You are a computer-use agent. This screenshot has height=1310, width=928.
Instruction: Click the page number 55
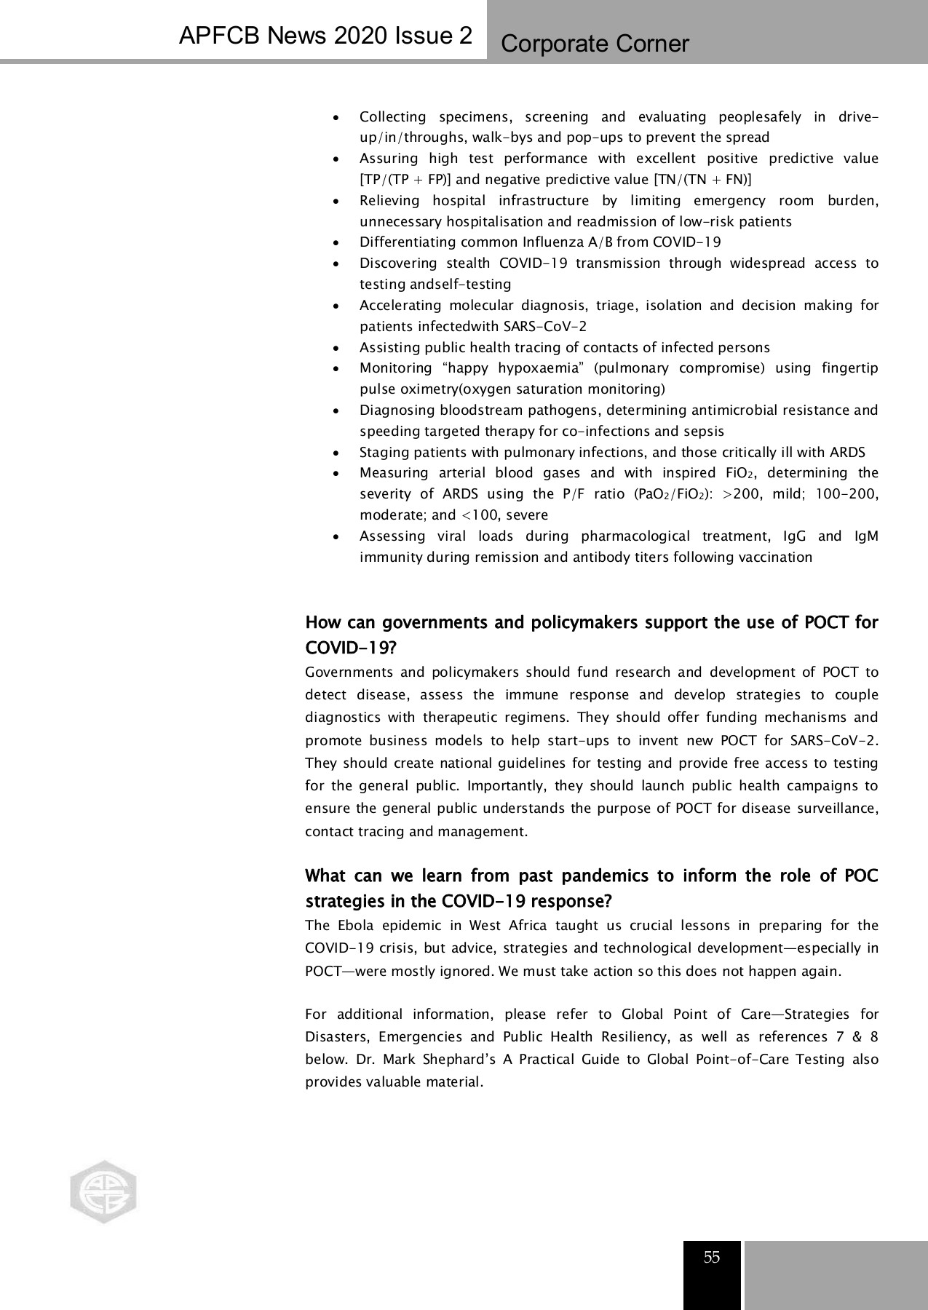pos(711,1258)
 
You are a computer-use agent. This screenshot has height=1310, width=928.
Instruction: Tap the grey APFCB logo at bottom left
pos(103,1191)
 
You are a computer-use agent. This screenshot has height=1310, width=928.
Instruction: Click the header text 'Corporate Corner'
pos(595,44)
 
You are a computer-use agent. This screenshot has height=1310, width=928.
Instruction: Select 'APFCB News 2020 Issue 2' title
pos(325,36)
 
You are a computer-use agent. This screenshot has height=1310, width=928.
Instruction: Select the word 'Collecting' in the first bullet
pos(392,117)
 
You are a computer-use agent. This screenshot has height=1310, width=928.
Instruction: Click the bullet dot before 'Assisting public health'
pos(334,348)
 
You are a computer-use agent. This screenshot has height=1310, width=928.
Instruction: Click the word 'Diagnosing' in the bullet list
pos(396,410)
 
